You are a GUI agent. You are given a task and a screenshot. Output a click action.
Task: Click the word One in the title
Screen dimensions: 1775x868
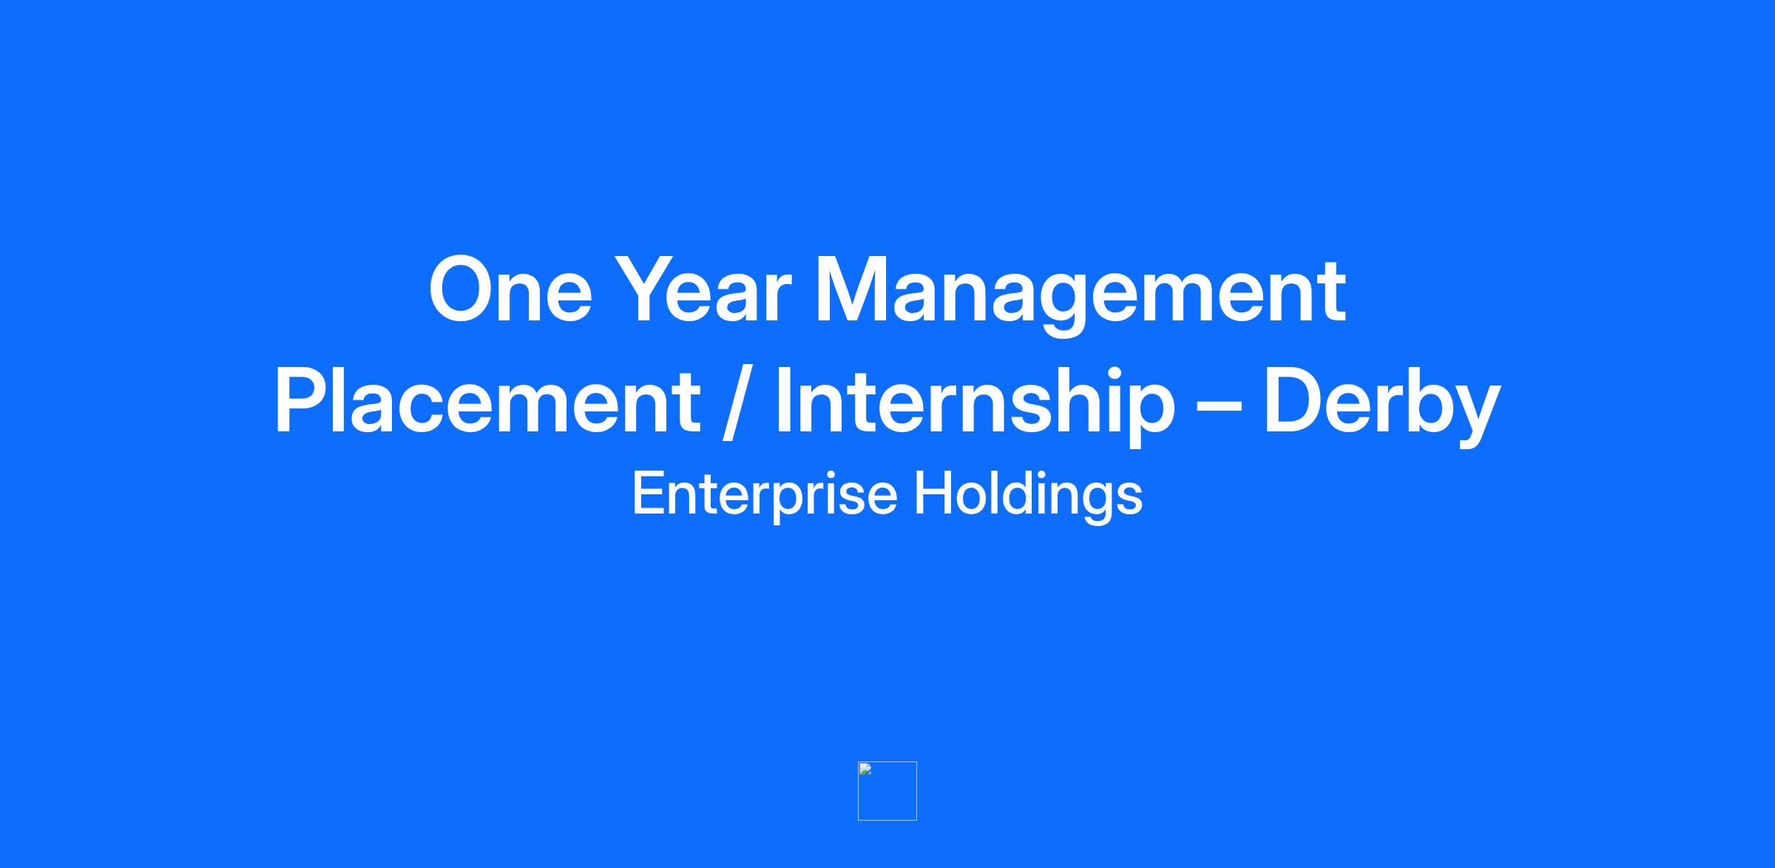510,289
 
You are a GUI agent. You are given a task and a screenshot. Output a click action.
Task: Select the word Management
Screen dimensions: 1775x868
1080,296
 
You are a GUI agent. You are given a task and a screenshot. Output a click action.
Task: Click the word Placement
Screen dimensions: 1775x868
487,401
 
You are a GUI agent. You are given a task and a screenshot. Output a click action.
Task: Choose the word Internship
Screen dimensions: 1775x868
975,406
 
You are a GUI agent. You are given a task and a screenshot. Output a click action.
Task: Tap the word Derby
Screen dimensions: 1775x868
1382,406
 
